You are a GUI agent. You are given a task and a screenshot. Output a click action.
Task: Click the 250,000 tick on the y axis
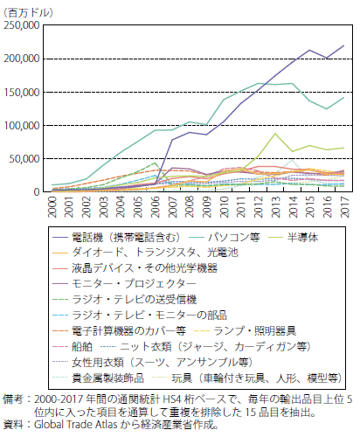point(22,25)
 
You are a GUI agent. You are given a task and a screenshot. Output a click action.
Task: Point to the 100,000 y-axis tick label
point(22,126)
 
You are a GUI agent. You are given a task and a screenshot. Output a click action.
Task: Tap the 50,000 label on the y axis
point(24,159)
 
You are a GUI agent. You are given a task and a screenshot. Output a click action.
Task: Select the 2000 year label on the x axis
point(52,207)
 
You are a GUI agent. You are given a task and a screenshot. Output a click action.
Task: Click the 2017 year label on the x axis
point(345,207)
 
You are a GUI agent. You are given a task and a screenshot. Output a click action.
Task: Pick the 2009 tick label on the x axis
point(207,207)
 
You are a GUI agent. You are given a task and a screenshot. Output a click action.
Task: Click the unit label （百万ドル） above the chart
point(28,13)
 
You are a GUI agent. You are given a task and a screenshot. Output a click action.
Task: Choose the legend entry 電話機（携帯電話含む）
point(126,238)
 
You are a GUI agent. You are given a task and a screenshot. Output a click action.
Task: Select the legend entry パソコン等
point(234,238)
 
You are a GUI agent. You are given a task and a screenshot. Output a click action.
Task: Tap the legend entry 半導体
point(303,238)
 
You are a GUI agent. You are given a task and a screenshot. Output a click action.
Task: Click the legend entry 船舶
point(82,347)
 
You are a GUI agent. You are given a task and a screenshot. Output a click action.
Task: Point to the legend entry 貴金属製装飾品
point(107,378)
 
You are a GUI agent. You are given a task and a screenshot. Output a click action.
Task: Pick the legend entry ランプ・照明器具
point(255,331)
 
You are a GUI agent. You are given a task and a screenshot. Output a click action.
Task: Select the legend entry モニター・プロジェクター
point(134,284)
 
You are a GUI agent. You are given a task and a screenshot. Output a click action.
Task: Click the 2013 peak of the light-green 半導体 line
point(275,134)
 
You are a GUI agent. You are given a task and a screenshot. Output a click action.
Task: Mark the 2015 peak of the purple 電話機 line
point(309,50)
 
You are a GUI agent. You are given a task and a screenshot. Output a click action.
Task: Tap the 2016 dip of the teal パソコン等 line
point(327,109)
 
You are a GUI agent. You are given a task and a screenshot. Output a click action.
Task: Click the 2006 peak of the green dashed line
point(156,163)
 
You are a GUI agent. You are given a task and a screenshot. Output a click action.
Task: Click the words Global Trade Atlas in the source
point(76,425)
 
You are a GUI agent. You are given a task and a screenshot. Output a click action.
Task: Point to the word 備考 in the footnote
point(13,399)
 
